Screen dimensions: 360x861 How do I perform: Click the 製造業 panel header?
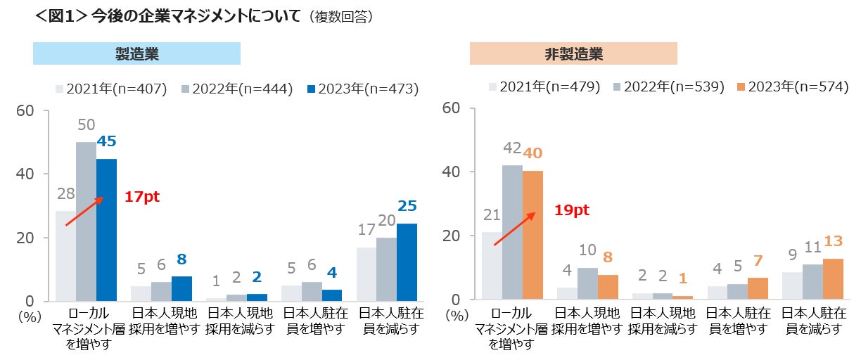click(x=136, y=53)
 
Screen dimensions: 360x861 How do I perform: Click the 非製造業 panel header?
click(x=573, y=53)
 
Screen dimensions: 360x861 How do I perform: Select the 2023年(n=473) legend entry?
click(x=363, y=89)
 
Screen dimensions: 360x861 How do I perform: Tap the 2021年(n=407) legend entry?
click(x=111, y=89)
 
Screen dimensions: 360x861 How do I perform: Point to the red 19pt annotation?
click(x=571, y=210)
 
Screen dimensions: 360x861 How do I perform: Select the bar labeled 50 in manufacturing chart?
click(x=86, y=221)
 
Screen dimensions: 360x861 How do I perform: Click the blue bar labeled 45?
click(x=106, y=230)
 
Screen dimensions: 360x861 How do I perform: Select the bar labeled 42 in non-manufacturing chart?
click(x=512, y=233)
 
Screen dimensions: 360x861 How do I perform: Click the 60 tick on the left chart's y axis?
click(x=27, y=110)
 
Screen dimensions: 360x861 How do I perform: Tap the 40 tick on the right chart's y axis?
click(x=452, y=172)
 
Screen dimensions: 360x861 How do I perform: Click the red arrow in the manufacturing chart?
click(x=84, y=211)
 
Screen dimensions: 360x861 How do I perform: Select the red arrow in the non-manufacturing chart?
click(x=514, y=228)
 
